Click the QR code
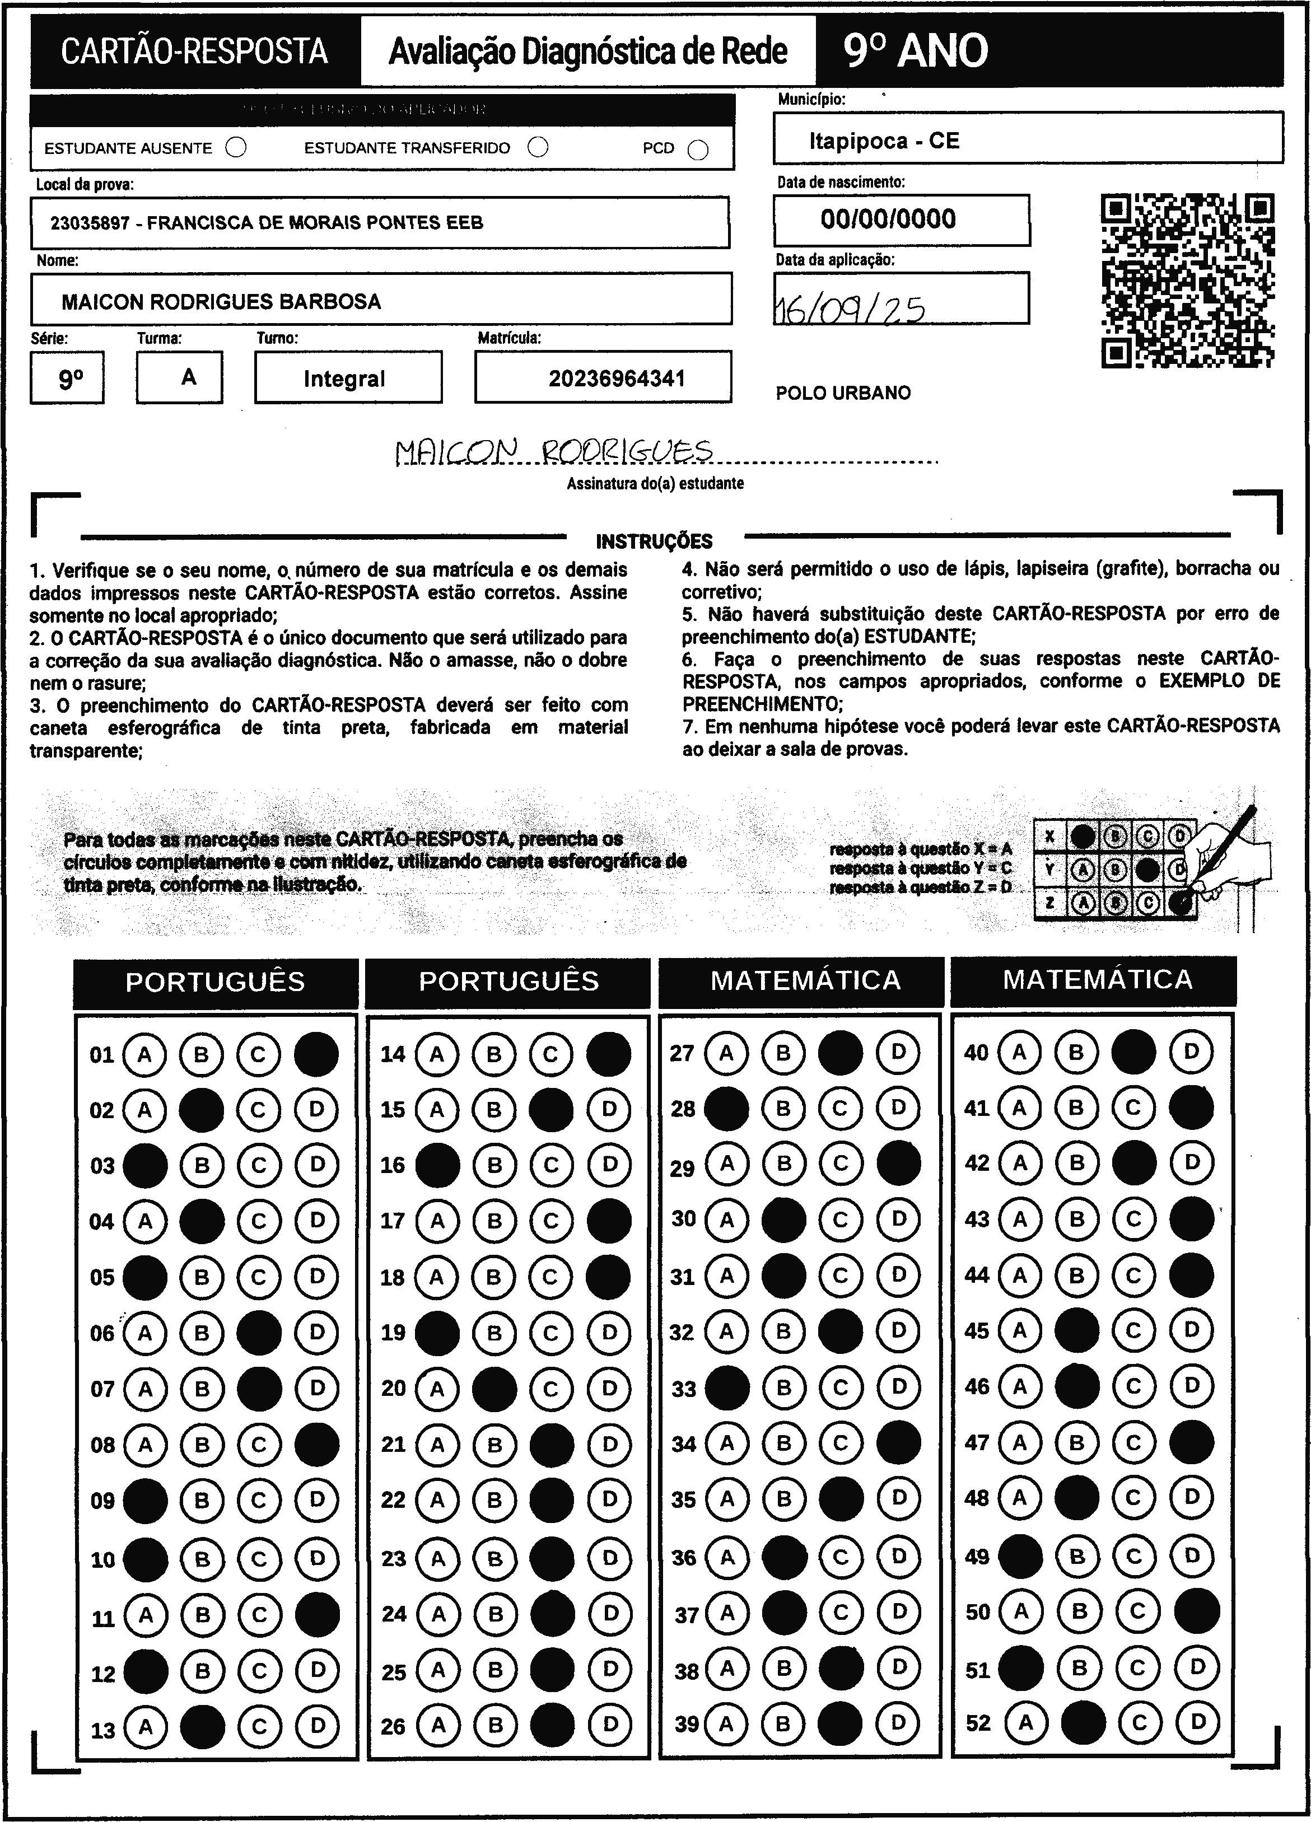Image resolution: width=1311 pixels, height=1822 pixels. click(1187, 281)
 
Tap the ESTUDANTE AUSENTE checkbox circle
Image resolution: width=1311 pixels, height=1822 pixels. click(236, 148)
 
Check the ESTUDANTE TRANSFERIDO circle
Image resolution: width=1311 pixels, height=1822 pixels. click(538, 148)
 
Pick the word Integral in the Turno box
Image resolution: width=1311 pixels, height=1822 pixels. click(344, 379)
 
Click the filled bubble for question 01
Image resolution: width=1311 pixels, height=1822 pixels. click(316, 1054)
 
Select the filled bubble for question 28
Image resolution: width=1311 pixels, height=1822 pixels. click(726, 1109)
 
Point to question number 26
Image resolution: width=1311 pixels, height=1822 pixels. click(393, 1726)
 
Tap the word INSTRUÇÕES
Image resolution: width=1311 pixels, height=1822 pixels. click(654, 541)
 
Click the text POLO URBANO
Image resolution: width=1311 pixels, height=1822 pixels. click(843, 394)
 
